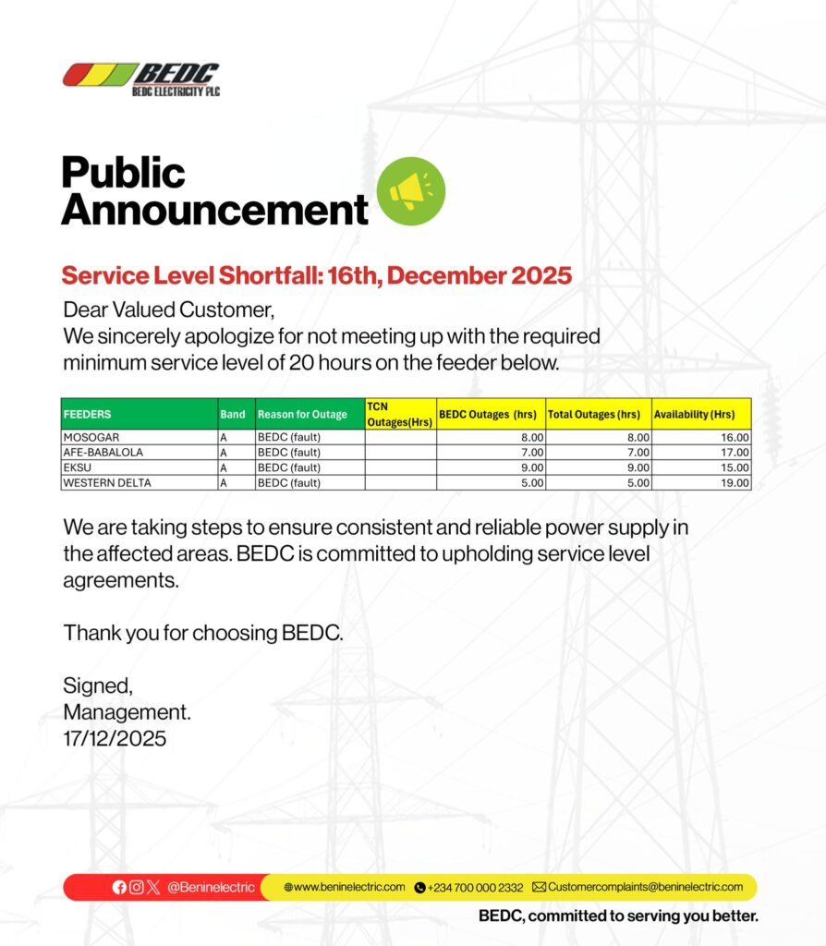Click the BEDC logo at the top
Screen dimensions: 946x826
click(x=141, y=79)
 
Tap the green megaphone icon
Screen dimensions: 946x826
click(x=411, y=191)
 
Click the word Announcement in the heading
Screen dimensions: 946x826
click(x=214, y=210)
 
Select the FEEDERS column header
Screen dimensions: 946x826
click(x=88, y=415)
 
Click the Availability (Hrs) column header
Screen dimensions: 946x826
click(x=695, y=415)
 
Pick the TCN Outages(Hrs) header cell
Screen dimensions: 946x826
click(x=399, y=414)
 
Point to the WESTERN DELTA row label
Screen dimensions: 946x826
click(x=106, y=482)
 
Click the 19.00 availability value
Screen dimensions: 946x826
click(x=735, y=482)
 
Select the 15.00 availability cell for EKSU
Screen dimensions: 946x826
click(x=735, y=467)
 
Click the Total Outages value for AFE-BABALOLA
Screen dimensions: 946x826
click(x=638, y=453)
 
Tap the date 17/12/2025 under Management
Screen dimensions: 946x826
click(x=115, y=738)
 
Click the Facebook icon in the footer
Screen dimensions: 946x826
click(x=119, y=887)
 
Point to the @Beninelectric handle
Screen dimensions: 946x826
click(x=211, y=887)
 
